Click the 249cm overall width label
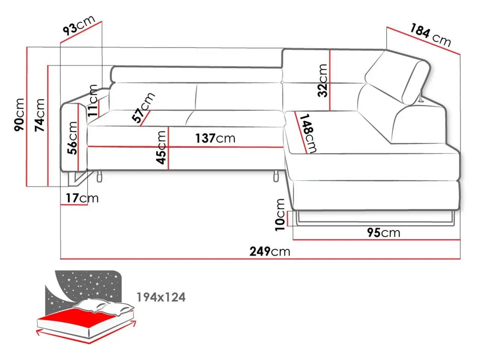click(x=270, y=251)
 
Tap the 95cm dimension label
click(x=384, y=232)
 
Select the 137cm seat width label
click(x=215, y=138)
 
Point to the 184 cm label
click(x=430, y=35)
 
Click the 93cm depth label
click(x=79, y=25)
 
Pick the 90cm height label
click(x=19, y=115)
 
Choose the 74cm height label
click(x=40, y=115)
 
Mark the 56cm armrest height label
click(x=72, y=138)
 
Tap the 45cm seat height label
click(x=161, y=147)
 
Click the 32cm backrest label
click(x=323, y=80)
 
